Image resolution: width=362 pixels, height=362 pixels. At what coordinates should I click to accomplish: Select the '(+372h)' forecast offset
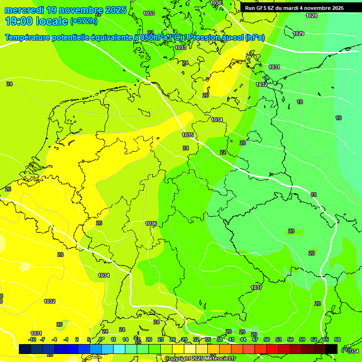click(x=84, y=21)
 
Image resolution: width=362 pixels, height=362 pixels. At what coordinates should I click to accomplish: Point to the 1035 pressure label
click(x=188, y=135)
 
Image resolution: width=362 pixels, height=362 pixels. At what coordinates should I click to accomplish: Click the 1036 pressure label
click(x=151, y=223)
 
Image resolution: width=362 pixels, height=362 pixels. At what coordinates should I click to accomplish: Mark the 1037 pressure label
click(x=256, y=288)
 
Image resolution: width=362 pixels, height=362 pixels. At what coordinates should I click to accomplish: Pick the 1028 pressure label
click(x=312, y=16)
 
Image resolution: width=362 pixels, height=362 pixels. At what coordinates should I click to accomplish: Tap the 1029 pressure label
click(x=298, y=33)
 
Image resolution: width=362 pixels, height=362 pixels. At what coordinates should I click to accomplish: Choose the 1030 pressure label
click(x=216, y=3)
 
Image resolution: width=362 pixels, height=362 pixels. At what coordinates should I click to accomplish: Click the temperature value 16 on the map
click(x=338, y=118)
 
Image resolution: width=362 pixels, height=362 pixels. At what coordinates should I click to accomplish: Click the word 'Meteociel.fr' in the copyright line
click(x=218, y=359)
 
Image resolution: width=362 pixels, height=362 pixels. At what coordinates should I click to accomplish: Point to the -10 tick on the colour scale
click(x=32, y=339)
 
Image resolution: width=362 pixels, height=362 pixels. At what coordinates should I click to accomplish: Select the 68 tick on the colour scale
click(x=337, y=339)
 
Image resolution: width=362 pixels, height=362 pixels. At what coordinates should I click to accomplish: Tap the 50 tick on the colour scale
click(x=267, y=339)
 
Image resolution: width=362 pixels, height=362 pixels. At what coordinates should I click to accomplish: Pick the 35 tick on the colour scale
click(x=208, y=339)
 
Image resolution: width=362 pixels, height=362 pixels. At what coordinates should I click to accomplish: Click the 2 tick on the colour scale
click(x=77, y=339)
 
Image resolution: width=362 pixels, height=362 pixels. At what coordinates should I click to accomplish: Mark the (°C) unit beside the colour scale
click(x=346, y=349)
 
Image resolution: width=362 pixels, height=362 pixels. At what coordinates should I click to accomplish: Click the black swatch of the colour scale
click(x=331, y=349)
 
